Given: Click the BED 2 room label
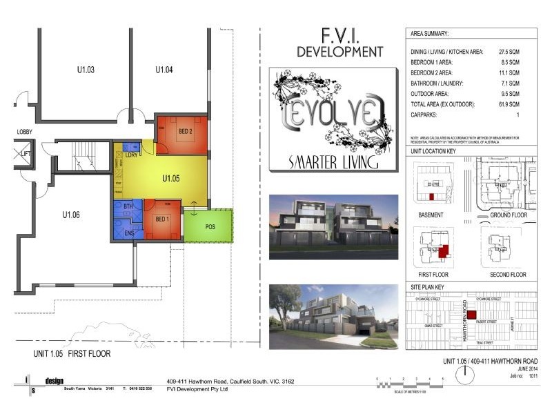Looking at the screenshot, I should tap(185, 131).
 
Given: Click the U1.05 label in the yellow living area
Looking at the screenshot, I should tap(171, 178).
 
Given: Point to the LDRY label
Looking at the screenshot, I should tap(130, 155).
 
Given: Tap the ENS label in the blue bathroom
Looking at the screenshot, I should tap(128, 233).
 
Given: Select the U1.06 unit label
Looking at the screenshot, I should tap(71, 215).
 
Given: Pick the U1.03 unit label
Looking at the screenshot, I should tap(86, 70).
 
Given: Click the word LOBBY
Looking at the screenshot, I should tap(26, 131).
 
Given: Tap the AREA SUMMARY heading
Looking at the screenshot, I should tap(429, 33).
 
